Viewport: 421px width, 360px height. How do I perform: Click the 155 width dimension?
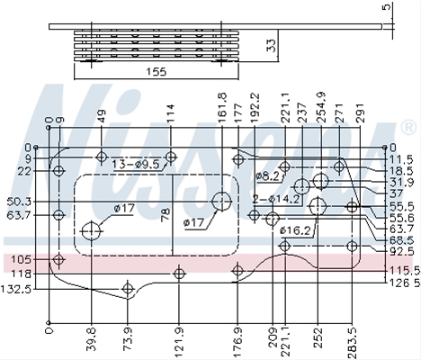pyautogui.click(x=156, y=72)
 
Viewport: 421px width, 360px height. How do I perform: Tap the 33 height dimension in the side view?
pyautogui.click(x=272, y=46)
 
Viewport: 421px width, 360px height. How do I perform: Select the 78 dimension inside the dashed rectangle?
pyautogui.click(x=166, y=215)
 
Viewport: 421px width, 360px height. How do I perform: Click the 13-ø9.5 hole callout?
pyautogui.click(x=136, y=164)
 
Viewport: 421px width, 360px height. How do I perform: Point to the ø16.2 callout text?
pyautogui.click(x=295, y=230)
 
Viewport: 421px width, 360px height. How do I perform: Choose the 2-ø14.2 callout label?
pyautogui.click(x=276, y=199)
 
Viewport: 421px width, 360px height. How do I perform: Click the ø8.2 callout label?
pyautogui.click(x=268, y=176)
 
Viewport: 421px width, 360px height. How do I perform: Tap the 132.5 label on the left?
pyautogui.click(x=16, y=289)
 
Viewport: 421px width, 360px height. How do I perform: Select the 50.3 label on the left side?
pyautogui.click(x=19, y=202)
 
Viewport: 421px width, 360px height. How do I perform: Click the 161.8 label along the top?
pyautogui.click(x=222, y=108)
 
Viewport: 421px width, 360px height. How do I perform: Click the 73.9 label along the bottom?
pyautogui.click(x=128, y=338)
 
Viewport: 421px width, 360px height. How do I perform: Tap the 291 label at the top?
pyautogui.click(x=360, y=112)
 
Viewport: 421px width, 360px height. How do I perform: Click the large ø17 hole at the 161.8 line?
pyautogui.click(x=221, y=202)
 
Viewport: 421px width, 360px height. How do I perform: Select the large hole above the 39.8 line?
pyautogui.click(x=91, y=231)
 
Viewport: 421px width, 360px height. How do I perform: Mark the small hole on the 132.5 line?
pyautogui.click(x=128, y=289)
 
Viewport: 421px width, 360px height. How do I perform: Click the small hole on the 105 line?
pyautogui.click(x=59, y=259)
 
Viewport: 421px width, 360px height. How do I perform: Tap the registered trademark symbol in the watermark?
pyautogui.click(x=408, y=128)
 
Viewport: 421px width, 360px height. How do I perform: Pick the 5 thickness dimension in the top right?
pyautogui.click(x=388, y=6)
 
